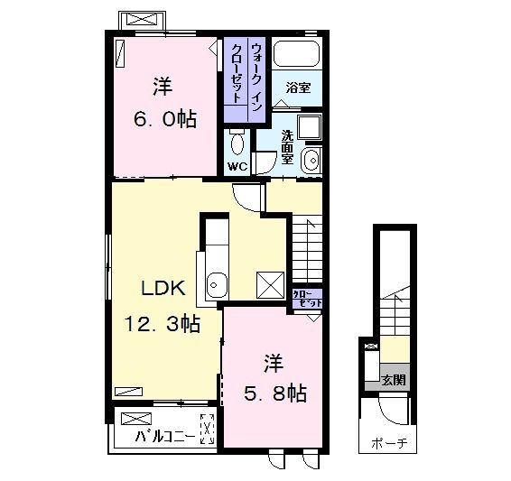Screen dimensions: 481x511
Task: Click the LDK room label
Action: [x=163, y=288]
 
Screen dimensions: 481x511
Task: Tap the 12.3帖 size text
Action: [x=163, y=322]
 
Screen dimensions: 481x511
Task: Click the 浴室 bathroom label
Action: [x=297, y=88]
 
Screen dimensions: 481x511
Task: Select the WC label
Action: [x=237, y=167]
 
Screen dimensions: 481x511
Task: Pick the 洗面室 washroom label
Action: [x=286, y=146]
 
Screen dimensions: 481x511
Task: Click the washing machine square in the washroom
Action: [x=311, y=127]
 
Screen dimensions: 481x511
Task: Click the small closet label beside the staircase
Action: [x=306, y=299]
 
